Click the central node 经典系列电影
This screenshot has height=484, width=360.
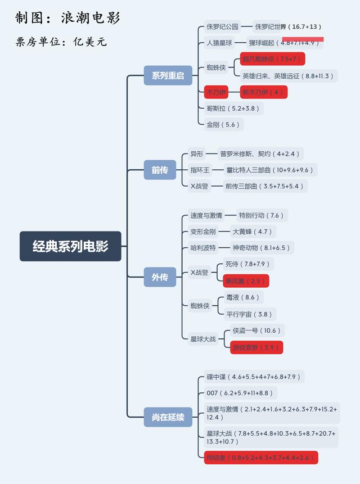pyautogui.click(x=70, y=246)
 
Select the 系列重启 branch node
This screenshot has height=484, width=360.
pyautogui.click(x=168, y=75)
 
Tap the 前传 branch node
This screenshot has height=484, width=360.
pyautogui.click(x=160, y=170)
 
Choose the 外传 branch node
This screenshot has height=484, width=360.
pyautogui.click(x=160, y=277)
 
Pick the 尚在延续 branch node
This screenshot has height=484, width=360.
pyautogui.click(x=168, y=417)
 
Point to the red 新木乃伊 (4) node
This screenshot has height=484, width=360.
pyautogui.click(x=263, y=92)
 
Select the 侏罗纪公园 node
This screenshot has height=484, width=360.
pyautogui.click(x=222, y=26)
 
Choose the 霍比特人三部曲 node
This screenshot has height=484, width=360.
pyautogui.click(x=269, y=170)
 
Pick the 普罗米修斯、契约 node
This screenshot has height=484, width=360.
pyautogui.click(x=260, y=153)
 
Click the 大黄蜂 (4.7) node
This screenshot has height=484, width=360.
pyautogui.click(x=252, y=232)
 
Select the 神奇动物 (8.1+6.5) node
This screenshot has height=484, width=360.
pyautogui.click(x=262, y=248)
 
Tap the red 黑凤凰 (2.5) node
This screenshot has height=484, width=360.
pyautogui.click(x=245, y=281)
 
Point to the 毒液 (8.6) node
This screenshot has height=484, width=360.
pyautogui.click(x=242, y=297)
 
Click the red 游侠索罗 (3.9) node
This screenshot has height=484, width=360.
pyautogui.click(x=256, y=347)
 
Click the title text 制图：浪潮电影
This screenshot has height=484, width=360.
pyautogui.click(x=67, y=18)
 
